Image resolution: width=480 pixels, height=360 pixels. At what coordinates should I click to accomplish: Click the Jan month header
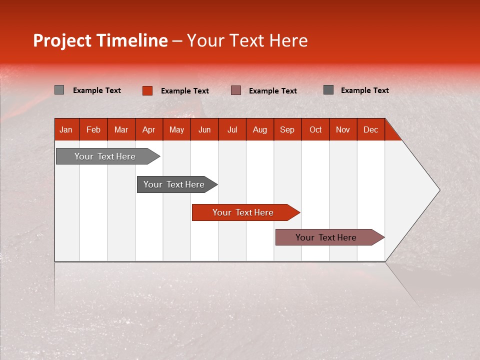[66, 129]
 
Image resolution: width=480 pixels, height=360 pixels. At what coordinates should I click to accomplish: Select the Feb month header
[93, 129]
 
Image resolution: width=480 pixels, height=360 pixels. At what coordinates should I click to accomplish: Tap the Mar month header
[121, 129]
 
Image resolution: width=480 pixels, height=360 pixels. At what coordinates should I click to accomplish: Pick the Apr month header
[149, 129]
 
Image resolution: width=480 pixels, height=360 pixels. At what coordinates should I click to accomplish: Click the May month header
[176, 129]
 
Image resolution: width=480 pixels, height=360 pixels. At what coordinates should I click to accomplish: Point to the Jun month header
[204, 129]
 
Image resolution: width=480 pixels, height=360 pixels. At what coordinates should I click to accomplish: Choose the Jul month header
[232, 129]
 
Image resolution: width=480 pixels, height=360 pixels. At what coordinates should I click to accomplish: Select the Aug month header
[260, 129]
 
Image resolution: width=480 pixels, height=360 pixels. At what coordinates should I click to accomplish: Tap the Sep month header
[287, 129]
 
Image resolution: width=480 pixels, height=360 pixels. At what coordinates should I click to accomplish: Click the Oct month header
[315, 129]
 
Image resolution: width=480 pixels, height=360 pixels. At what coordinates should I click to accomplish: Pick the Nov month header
[343, 129]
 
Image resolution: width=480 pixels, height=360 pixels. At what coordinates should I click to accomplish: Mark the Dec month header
[371, 129]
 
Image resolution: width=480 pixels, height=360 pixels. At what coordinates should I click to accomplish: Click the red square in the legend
[147, 90]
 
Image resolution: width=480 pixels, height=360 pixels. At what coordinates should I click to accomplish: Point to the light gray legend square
[59, 90]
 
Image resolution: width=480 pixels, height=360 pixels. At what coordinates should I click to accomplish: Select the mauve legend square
[236, 90]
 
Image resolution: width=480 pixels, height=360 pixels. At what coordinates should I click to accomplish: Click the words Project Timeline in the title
[100, 40]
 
